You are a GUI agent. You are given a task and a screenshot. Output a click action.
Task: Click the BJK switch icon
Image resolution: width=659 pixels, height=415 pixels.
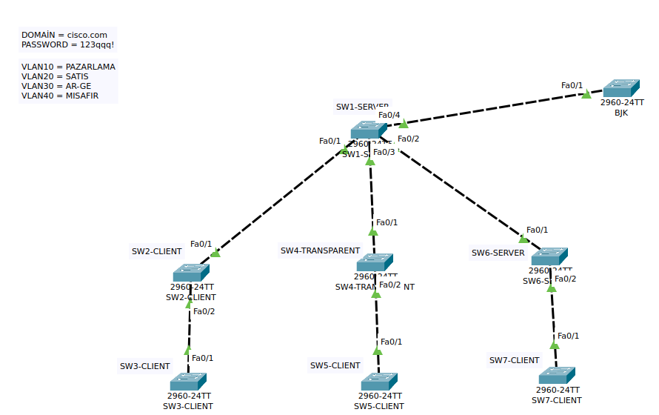coord(620,88)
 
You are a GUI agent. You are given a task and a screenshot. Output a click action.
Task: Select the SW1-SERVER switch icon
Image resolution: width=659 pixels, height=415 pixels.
coord(369,130)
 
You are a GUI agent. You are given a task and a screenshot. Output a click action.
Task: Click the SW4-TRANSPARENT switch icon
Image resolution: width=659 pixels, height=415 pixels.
coord(374,262)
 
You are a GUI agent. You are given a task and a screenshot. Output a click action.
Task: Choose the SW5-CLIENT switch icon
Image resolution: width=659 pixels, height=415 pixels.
coord(379,382)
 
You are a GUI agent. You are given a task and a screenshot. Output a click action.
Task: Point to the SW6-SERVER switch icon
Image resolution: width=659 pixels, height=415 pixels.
coord(549,256)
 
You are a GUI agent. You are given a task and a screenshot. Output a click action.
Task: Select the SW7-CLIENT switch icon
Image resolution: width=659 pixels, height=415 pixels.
coord(557,376)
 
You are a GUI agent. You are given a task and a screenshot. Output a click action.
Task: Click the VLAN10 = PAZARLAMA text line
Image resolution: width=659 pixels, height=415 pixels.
coord(68,67)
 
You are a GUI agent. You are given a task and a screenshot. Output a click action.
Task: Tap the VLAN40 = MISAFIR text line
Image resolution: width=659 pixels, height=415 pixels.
coord(60,96)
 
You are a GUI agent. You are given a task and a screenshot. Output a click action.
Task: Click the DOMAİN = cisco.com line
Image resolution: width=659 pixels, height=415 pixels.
coord(64,35)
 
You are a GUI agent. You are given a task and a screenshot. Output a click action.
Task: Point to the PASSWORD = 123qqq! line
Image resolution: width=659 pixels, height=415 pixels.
coord(67,44)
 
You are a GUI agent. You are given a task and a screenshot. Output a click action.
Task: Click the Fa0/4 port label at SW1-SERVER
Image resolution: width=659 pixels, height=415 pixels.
coord(389,115)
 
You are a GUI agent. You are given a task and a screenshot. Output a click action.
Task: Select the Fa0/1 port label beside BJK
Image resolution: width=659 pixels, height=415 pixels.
coord(572,85)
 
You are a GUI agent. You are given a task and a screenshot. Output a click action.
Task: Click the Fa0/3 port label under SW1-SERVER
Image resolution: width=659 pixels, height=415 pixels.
coord(384,152)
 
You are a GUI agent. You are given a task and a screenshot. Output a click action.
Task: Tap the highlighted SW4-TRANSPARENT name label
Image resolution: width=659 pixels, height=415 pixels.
coord(320,250)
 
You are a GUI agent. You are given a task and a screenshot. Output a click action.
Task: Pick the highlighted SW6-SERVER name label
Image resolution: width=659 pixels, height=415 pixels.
coord(498,253)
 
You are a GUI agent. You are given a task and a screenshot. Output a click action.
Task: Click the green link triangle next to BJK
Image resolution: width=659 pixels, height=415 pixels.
coord(586,94)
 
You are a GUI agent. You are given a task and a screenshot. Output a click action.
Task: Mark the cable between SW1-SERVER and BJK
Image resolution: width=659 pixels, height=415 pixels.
coord(496,108)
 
